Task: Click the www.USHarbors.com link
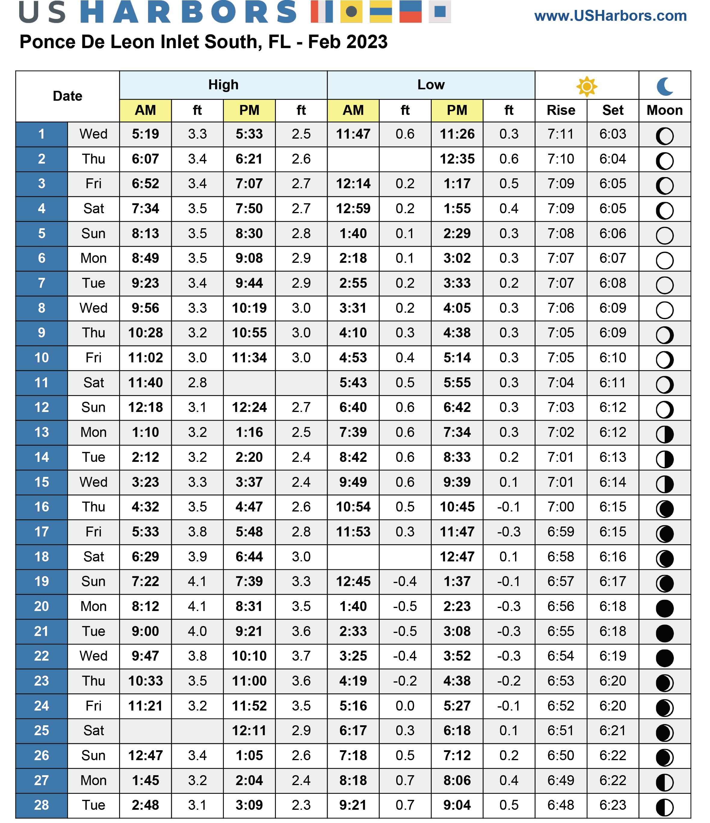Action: pos(610,16)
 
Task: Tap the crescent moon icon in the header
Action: pos(665,86)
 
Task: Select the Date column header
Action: pos(68,96)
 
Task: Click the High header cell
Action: pos(223,85)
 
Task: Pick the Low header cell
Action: pos(431,85)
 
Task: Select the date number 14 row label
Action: pos(41,457)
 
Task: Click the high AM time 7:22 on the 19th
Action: pos(145,582)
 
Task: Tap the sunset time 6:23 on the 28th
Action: pos(613,805)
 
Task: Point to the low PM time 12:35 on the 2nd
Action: pos(457,159)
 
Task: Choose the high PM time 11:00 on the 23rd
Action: pos(249,681)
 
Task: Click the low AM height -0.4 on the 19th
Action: pos(405,582)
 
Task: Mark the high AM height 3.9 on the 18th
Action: pos(197,557)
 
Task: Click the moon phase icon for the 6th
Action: pos(665,260)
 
